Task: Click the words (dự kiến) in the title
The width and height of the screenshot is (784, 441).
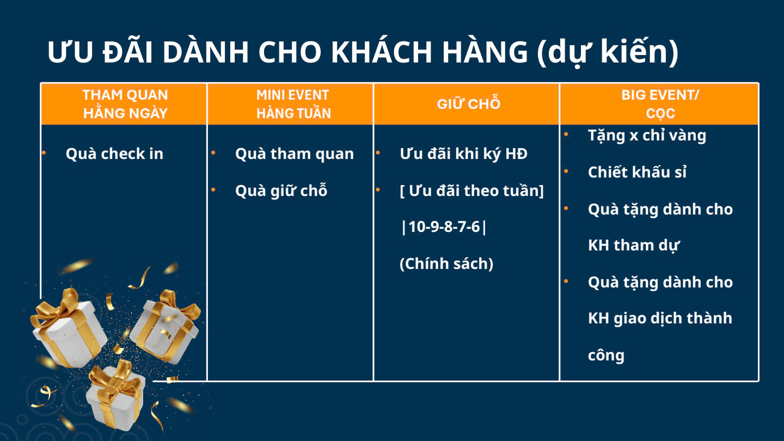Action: pos(608,52)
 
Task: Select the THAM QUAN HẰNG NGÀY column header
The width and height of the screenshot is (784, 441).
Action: pos(125,104)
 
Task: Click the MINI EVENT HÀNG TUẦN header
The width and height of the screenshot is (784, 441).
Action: pos(293,104)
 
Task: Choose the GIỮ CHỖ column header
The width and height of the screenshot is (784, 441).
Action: pos(469,103)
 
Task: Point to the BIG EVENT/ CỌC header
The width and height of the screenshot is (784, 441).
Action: pos(660,104)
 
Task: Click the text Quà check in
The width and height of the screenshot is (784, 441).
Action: pos(114,154)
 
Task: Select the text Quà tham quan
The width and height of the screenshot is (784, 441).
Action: pos(295,154)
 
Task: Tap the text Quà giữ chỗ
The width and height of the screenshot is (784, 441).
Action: pos(281,190)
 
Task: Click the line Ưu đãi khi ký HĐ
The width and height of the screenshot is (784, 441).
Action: pos(463,154)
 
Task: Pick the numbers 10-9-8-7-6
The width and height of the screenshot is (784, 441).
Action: pos(444,227)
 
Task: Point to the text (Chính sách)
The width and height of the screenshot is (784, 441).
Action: pos(446,263)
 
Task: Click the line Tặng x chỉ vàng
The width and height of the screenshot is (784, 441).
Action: pos(647,136)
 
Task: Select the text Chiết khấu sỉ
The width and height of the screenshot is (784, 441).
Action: pos(637,172)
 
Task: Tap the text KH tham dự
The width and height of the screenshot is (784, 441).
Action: pos(634,245)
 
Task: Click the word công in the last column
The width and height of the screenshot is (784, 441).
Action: pos(606,355)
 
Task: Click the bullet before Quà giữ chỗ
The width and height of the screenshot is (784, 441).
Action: pos(213,189)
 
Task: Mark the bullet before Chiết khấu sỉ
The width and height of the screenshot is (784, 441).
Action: pos(566,171)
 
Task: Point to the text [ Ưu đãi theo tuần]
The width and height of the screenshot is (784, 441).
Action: pos(471,191)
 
